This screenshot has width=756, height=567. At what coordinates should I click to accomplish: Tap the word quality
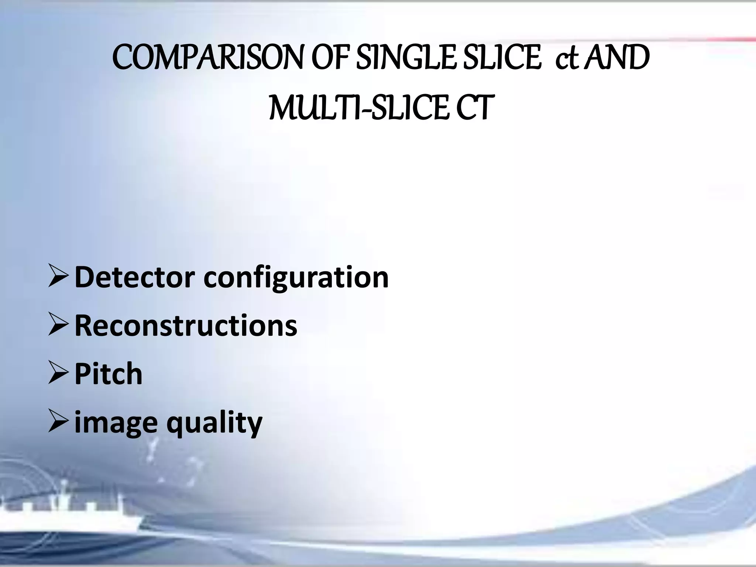tap(214, 423)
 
